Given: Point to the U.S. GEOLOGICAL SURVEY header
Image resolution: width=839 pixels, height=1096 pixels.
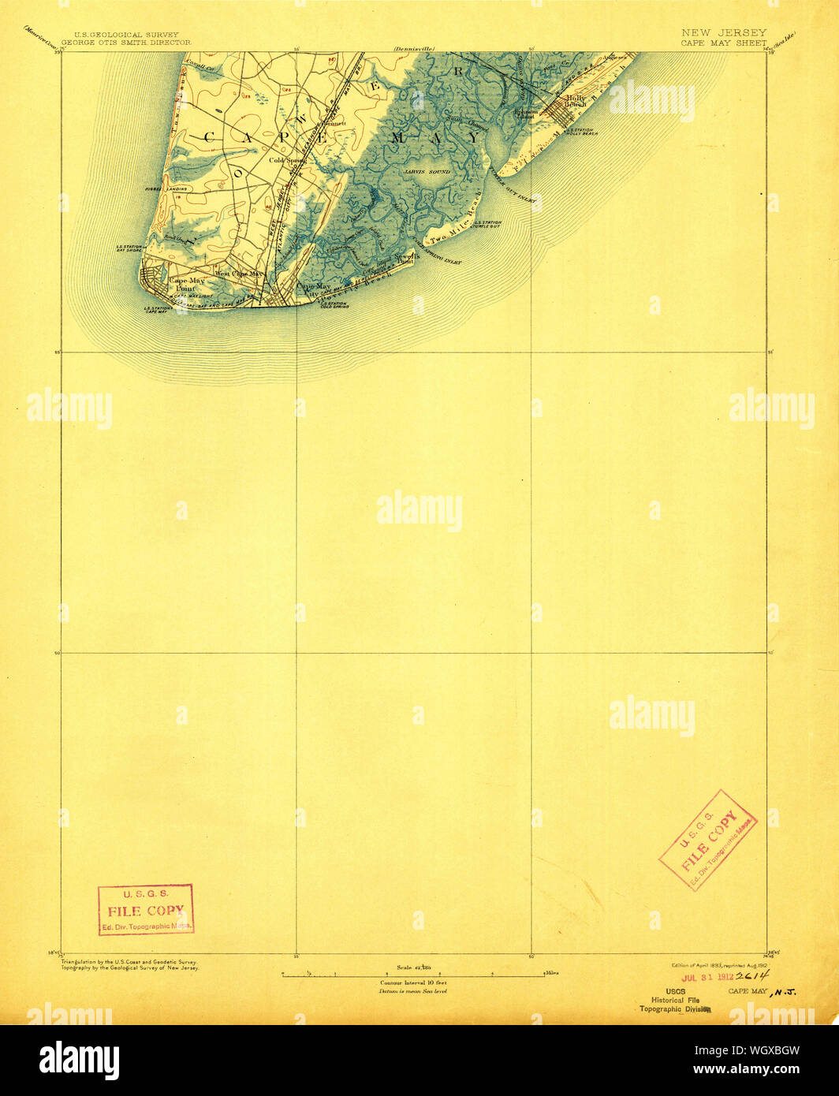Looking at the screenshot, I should (x=126, y=35).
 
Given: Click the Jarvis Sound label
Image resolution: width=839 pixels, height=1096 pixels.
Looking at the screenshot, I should (x=431, y=171).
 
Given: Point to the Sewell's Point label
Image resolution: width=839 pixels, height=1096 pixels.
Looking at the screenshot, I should (x=400, y=259).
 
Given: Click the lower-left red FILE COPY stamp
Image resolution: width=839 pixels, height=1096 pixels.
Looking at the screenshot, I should (x=146, y=909).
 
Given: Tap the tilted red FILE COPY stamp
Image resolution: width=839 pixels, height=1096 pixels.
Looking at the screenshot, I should (x=707, y=840).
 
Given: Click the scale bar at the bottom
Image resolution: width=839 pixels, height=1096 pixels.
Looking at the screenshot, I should (x=414, y=975).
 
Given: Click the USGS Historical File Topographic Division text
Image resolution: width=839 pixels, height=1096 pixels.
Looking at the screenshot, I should (x=675, y=1000).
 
